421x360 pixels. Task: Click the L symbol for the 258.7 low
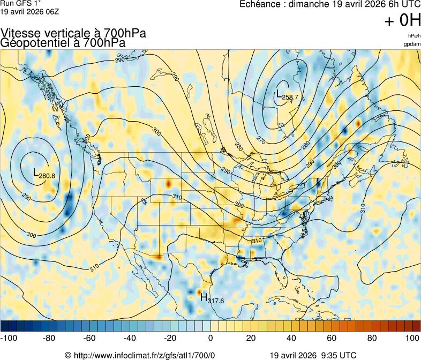point(279,95)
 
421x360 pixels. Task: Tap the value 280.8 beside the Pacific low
point(47,176)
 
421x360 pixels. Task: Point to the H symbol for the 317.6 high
point(204,297)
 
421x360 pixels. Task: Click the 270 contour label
point(261,140)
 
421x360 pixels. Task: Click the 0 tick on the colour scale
point(210,338)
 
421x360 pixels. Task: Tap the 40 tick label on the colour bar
point(291,338)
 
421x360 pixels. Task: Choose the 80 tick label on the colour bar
point(372,338)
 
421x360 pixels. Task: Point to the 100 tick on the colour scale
point(412,338)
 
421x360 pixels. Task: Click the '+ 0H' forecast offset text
point(402,21)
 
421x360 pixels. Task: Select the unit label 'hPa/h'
point(414,35)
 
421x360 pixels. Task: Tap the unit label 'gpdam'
point(412,43)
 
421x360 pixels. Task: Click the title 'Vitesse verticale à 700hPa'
point(73,33)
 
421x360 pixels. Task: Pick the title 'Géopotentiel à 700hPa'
point(63,43)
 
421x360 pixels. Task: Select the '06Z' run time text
point(50,11)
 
